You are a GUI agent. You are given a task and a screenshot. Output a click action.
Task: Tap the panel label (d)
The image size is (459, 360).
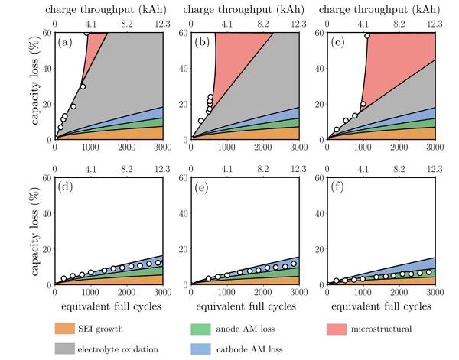click(x=65, y=188)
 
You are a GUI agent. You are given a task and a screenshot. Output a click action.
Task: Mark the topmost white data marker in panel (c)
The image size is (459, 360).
click(x=367, y=36)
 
